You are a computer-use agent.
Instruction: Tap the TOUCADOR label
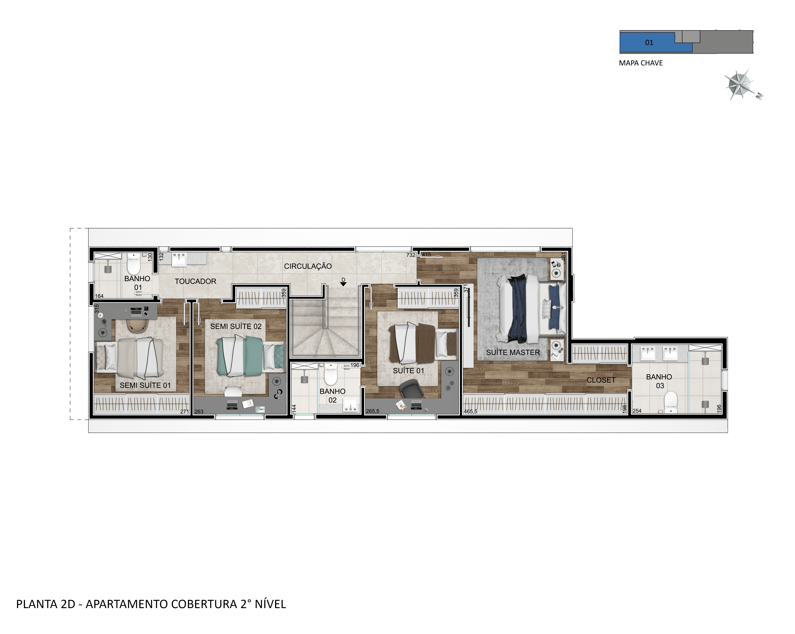click(x=195, y=281)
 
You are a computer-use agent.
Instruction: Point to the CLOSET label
click(x=601, y=380)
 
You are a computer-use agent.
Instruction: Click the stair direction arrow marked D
click(x=343, y=284)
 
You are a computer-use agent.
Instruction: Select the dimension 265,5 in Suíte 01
click(x=372, y=411)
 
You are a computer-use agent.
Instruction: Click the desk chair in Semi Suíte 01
click(x=137, y=325)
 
